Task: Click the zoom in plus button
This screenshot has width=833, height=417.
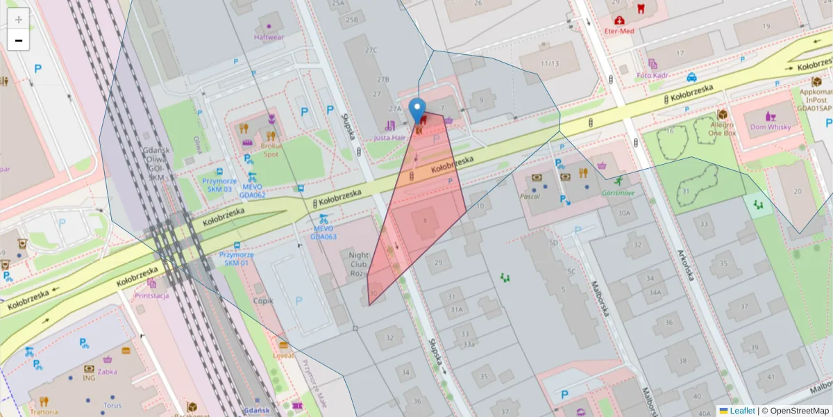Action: (x=19, y=19)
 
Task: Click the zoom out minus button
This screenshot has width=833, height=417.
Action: (x=19, y=40)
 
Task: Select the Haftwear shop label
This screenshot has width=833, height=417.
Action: (x=269, y=37)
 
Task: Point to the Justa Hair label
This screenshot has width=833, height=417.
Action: (x=389, y=138)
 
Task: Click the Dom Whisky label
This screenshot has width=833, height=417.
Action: (x=770, y=126)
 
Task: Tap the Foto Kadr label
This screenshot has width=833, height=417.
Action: (x=653, y=74)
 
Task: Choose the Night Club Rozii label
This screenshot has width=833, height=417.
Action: (x=358, y=264)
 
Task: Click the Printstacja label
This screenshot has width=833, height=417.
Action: (x=151, y=295)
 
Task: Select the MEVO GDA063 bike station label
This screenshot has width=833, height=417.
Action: (x=323, y=232)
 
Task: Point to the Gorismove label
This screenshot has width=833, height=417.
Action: (x=618, y=192)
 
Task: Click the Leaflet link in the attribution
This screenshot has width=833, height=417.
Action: (x=741, y=411)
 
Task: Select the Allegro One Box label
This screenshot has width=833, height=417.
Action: (x=722, y=129)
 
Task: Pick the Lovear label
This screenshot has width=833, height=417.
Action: (x=283, y=355)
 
